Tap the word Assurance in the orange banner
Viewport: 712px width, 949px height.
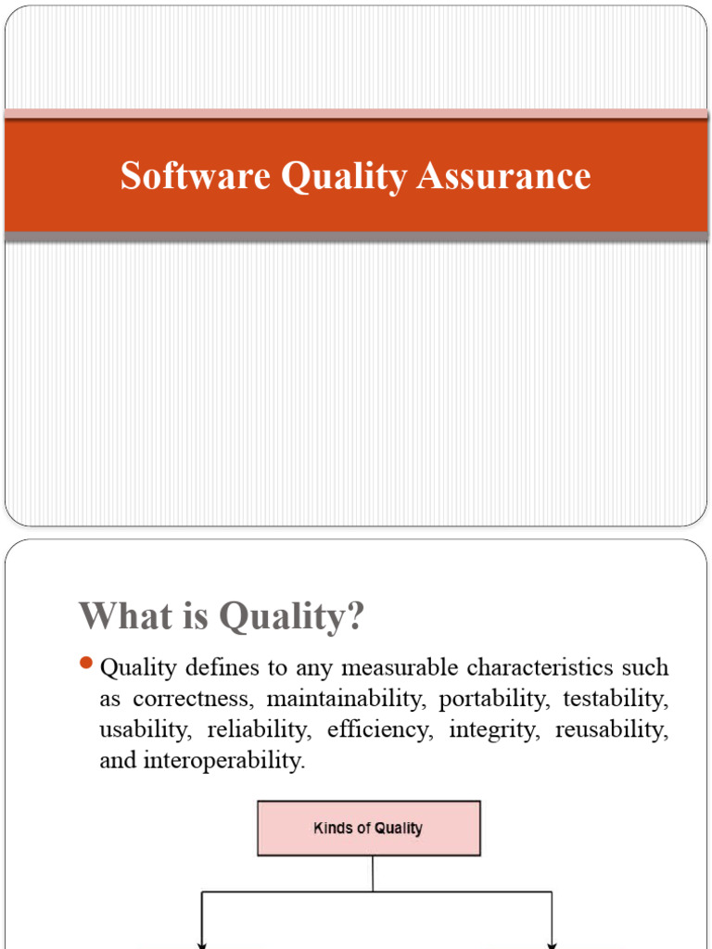(x=503, y=176)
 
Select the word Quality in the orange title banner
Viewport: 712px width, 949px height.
(x=343, y=177)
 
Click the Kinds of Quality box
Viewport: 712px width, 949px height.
(x=369, y=828)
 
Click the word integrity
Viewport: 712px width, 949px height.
(x=493, y=730)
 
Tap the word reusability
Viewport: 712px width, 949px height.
(x=612, y=730)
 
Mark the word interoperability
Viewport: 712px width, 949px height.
(x=225, y=762)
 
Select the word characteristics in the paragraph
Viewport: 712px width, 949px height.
(x=546, y=667)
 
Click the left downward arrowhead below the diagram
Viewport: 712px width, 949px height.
(x=202, y=943)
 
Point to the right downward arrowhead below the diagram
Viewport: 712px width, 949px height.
(x=553, y=943)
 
